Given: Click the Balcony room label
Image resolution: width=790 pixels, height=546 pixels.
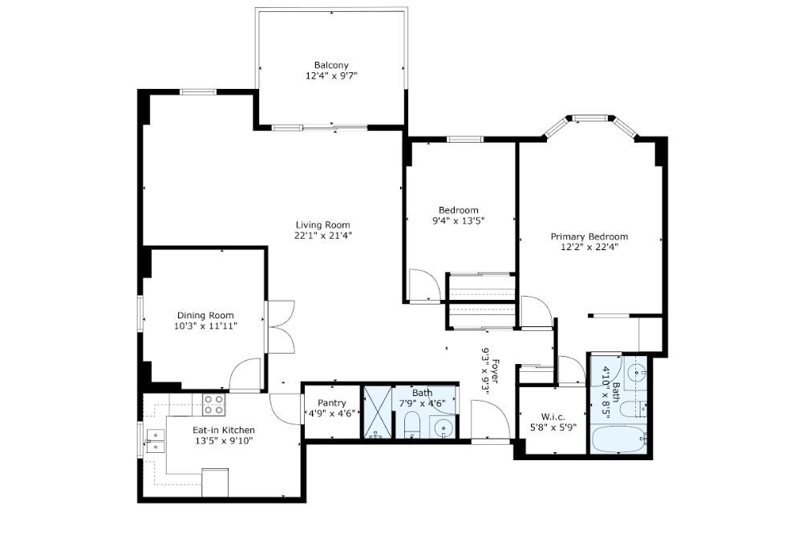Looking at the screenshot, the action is [331, 65].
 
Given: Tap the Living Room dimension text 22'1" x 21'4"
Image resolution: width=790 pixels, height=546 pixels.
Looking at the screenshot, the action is [323, 235].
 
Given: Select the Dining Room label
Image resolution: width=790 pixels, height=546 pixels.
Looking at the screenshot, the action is [205, 315].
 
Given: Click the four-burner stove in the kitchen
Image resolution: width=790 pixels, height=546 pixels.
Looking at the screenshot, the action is [213, 405].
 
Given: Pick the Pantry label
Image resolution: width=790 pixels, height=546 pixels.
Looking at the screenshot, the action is [332, 403].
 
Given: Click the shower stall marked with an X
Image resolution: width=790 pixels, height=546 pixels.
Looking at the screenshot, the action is [378, 411].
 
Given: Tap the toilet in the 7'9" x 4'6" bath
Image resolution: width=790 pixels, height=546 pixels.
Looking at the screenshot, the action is [412, 425].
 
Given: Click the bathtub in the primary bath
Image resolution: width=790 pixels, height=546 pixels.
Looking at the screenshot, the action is [618, 439].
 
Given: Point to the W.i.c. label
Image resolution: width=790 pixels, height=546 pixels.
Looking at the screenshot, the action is [553, 417].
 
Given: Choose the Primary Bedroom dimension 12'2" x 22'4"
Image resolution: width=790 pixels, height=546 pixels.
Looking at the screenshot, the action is [589, 247].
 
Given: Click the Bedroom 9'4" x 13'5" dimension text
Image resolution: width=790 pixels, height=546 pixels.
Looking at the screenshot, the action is [459, 220].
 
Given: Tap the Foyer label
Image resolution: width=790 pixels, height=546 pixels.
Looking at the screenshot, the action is [496, 371].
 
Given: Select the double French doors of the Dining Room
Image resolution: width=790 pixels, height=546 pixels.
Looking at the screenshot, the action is [281, 327].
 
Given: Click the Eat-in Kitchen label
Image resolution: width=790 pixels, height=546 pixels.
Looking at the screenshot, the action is [224, 431].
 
